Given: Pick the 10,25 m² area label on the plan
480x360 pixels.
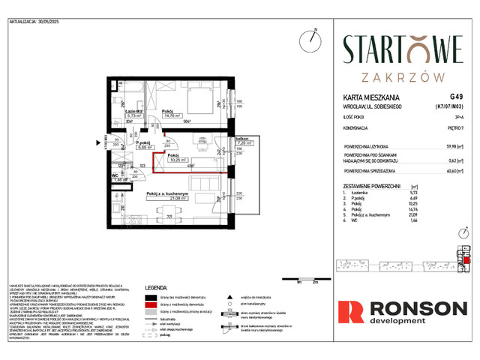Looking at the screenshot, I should click(x=178, y=160).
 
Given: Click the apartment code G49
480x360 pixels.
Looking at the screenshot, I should click(x=457, y=97).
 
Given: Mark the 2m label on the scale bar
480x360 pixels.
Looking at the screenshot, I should click(x=316, y=283).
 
